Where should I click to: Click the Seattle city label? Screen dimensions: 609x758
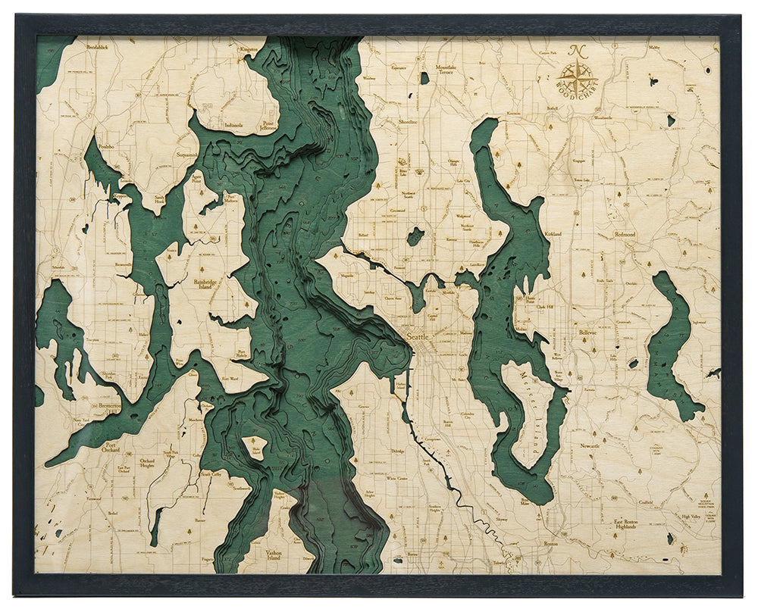(x=418, y=336)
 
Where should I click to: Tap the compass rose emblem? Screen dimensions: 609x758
(x=578, y=73)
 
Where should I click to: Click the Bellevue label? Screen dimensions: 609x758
(x=587, y=332)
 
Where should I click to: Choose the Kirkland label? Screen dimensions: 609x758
(x=553, y=235)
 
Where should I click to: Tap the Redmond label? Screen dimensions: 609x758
(x=625, y=235)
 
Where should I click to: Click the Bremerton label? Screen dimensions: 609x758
(x=114, y=406)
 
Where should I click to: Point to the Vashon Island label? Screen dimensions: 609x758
(x=274, y=555)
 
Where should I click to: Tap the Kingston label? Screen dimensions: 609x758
(x=248, y=49)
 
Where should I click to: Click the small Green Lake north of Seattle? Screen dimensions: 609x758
(x=415, y=237)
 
